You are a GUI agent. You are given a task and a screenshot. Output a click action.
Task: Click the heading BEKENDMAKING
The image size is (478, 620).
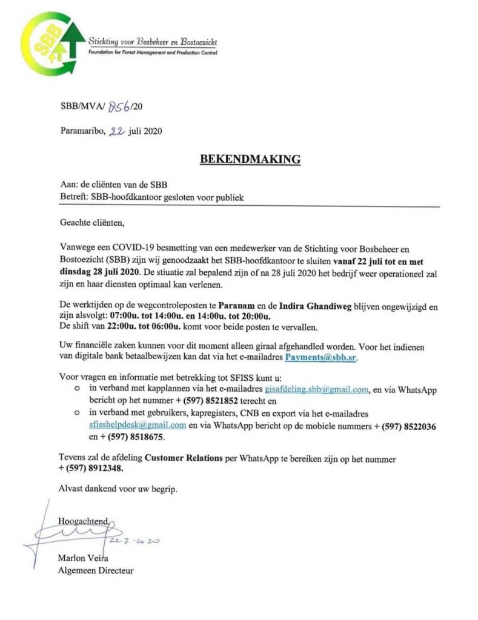pos(250,160)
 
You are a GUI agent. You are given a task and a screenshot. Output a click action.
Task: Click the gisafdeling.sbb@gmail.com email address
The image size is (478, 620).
pos(317,389)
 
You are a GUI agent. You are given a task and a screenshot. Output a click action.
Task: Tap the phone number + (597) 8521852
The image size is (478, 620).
pos(221,401)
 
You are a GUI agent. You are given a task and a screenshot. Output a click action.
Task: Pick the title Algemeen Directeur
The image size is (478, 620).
pos(96,570)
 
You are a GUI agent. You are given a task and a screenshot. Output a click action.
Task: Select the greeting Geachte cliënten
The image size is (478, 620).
pos(91,223)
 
